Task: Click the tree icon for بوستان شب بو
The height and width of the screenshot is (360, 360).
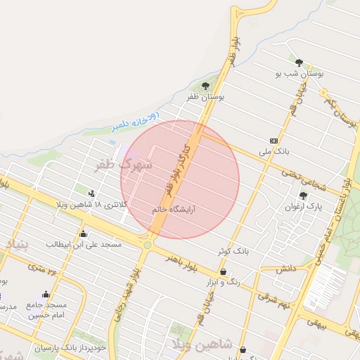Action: click(x=300, y=63)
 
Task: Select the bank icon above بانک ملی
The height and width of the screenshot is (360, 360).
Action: click(x=274, y=141)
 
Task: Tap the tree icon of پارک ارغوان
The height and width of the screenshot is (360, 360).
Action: click(x=303, y=196)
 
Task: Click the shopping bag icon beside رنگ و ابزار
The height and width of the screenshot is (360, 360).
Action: click(x=223, y=271)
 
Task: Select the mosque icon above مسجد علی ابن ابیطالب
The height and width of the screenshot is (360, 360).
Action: click(x=84, y=233)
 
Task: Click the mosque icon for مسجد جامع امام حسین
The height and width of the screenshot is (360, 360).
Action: click(x=46, y=294)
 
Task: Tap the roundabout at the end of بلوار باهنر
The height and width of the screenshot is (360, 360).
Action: click(x=147, y=245)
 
